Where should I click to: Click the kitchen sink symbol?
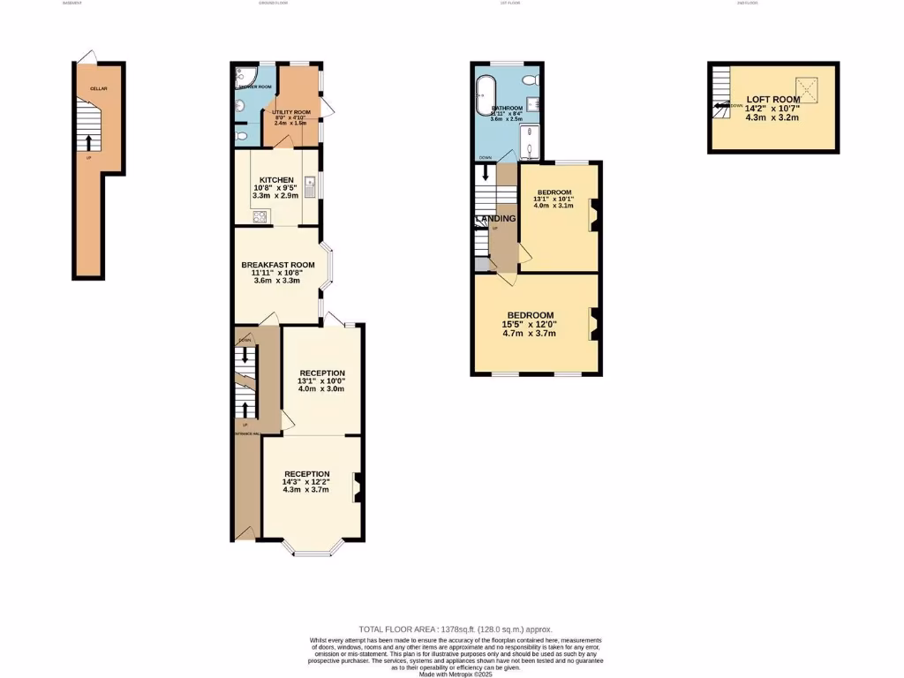(x=311, y=185)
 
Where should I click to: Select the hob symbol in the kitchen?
(x=260, y=215)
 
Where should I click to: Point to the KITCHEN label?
(x=275, y=180)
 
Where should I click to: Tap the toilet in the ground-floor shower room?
(x=242, y=137)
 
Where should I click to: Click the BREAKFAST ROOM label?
(x=278, y=264)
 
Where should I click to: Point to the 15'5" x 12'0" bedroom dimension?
(x=531, y=325)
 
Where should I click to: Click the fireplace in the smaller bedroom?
(x=595, y=215)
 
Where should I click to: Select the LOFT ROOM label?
(x=772, y=100)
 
